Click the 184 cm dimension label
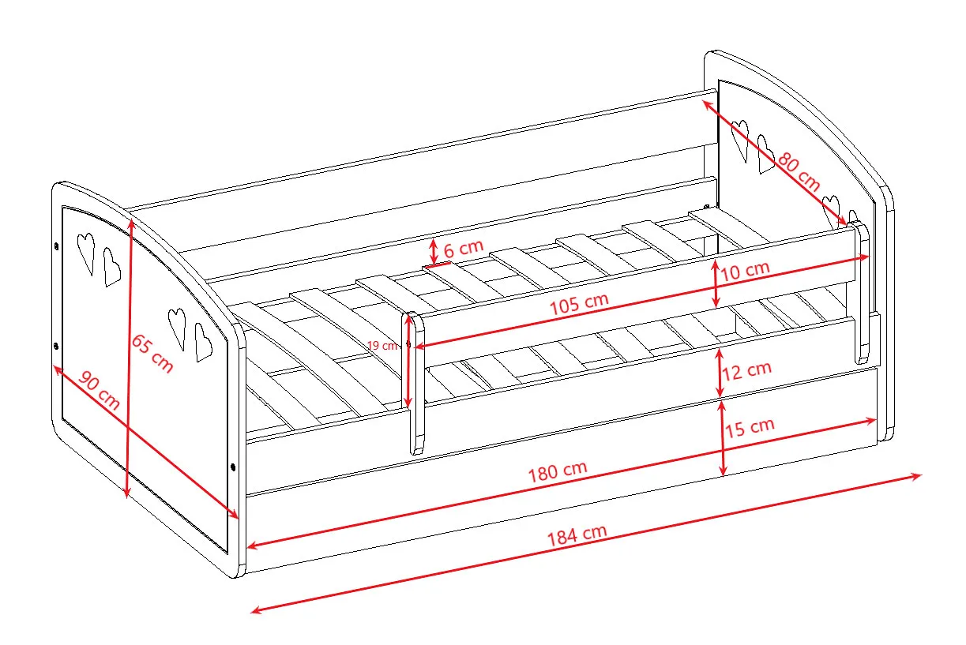[x=577, y=535]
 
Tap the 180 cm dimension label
[x=558, y=471]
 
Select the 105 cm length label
[x=579, y=303]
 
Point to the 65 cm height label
[x=152, y=353]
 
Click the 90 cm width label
[x=99, y=390]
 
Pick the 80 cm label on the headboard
[x=799, y=171]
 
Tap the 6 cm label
[x=463, y=249]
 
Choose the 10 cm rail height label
[x=745, y=271]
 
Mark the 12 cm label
[x=746, y=371]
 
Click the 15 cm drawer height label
[x=750, y=427]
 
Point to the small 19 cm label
[x=382, y=345]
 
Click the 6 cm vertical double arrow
[x=434, y=252]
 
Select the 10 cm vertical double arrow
[x=716, y=283]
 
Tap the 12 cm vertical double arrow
[x=719, y=373]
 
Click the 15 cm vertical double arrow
[x=723, y=438]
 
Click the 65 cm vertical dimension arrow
[x=129, y=358]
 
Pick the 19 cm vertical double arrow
[x=408, y=362]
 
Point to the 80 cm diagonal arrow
[x=774, y=163]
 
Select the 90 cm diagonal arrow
[x=146, y=441]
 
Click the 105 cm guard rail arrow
[x=642, y=301]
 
